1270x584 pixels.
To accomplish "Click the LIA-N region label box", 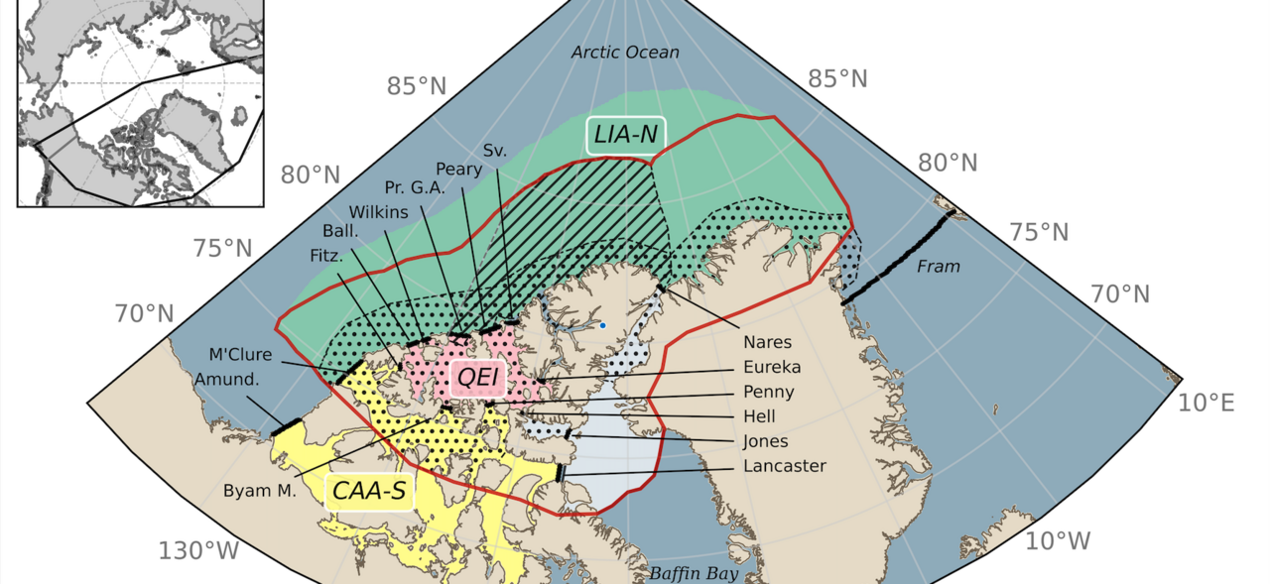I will [625, 135].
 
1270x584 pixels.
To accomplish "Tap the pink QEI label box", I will [478, 378].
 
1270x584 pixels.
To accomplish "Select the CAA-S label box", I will [369, 491].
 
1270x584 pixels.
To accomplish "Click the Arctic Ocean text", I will [625, 53].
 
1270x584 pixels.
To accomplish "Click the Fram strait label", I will [939, 267].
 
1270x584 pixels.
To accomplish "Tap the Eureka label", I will [772, 367].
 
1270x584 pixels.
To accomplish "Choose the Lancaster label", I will [783, 466].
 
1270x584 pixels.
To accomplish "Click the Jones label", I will [766, 441].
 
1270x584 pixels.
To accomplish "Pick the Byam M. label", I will [260, 490].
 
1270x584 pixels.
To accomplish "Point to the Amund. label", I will [226, 380].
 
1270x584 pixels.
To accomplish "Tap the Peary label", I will [458, 170].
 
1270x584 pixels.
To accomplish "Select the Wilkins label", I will [378, 212].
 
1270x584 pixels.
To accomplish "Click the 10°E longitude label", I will [1206, 404].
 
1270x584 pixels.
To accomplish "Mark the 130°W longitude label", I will [198, 551].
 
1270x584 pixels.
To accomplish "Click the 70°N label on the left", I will [144, 315].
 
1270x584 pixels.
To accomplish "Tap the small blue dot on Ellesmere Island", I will [602, 325].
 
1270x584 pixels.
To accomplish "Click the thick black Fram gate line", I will [896, 255].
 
